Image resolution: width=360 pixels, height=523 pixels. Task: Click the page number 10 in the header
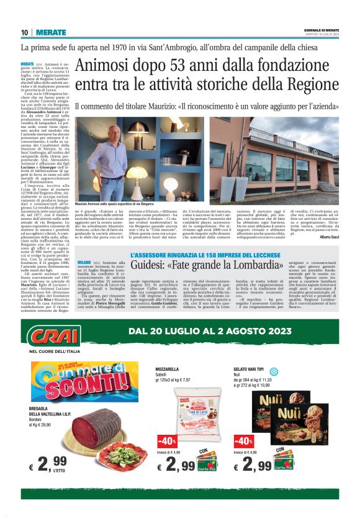point(24,32)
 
